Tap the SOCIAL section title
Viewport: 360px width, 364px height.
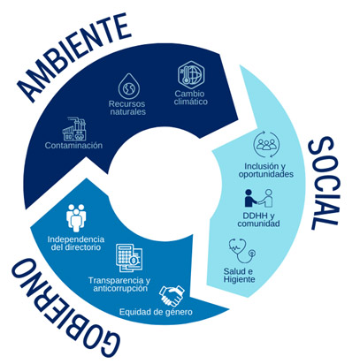pos(325,183)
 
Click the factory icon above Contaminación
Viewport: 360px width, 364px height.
pos(75,129)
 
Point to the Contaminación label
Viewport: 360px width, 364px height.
pos(73,146)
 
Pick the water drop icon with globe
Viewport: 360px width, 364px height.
pos(129,87)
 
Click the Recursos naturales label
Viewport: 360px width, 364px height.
pos(127,108)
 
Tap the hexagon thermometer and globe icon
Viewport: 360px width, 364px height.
pos(191,73)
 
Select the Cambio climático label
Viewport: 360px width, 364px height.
pos(190,98)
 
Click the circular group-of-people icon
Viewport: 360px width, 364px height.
pos(266,145)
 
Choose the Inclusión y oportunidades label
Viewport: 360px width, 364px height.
pos(266,171)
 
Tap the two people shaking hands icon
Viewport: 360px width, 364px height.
pos(258,198)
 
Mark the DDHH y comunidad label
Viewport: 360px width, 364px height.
pos(258,220)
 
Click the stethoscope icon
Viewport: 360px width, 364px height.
pos(242,251)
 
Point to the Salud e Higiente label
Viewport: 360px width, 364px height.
pos(239,276)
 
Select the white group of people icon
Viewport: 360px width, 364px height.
pos(76,217)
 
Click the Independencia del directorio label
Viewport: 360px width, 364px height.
pos(76,243)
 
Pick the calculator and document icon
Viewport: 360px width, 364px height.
pos(129,258)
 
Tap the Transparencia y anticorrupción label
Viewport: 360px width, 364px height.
pos(119,284)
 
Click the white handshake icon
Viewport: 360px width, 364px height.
pos(172,296)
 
